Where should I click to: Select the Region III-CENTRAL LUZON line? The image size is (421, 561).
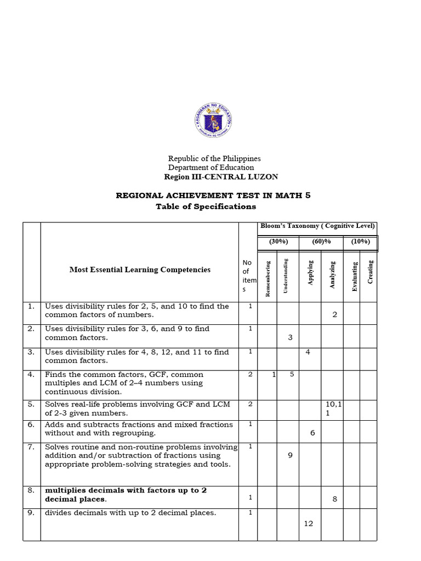221,176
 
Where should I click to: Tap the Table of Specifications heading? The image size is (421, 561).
206,207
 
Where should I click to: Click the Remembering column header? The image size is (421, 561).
268,278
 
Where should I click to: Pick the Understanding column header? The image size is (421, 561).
286,275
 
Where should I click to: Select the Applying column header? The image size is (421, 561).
310,272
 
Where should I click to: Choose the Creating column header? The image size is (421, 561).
370,272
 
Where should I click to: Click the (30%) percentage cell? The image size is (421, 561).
278,241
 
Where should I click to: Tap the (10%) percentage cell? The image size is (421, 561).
360,241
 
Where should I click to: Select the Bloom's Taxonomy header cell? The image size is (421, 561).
317,226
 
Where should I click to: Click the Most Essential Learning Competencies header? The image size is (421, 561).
140,270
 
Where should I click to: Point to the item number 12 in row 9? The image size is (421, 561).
308,523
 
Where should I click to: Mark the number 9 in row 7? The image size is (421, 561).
290,454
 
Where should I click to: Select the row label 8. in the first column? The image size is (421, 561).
31,490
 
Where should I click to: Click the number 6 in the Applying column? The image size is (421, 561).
312,433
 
